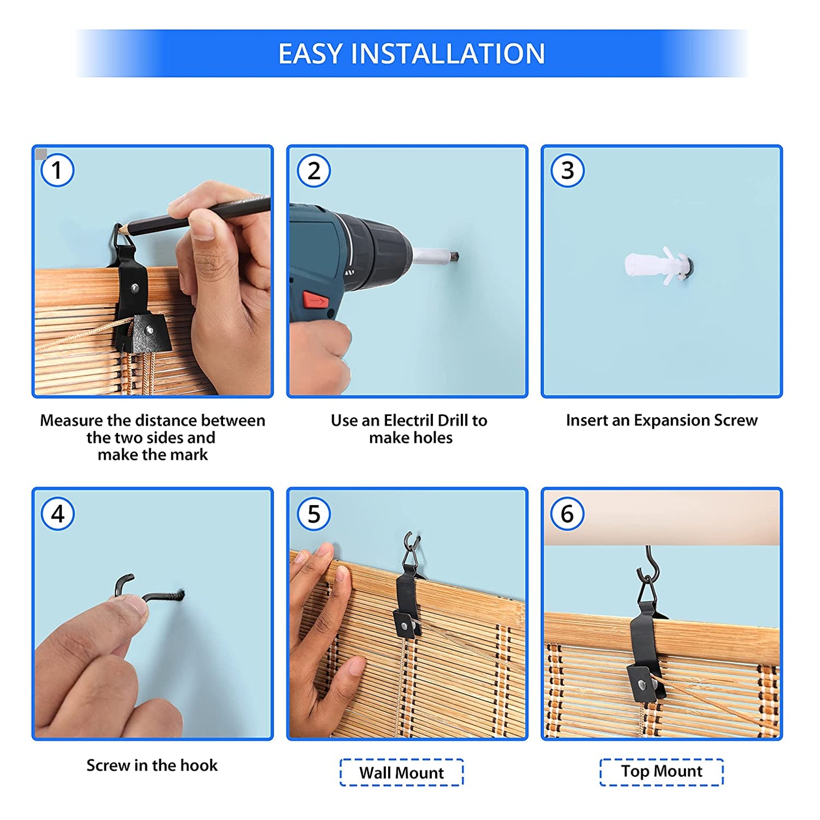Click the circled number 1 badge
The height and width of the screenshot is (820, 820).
[57, 170]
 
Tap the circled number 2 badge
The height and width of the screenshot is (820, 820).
[314, 171]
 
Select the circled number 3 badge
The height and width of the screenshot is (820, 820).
[567, 170]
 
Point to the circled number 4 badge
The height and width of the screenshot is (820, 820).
[58, 514]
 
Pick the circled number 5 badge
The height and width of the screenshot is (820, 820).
[314, 514]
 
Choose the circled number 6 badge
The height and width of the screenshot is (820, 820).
[567, 514]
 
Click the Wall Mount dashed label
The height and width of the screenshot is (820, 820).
[401, 772]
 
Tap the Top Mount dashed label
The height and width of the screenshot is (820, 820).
[661, 772]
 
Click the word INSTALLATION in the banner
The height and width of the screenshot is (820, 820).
[448, 53]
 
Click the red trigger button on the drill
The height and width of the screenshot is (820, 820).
[315, 300]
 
